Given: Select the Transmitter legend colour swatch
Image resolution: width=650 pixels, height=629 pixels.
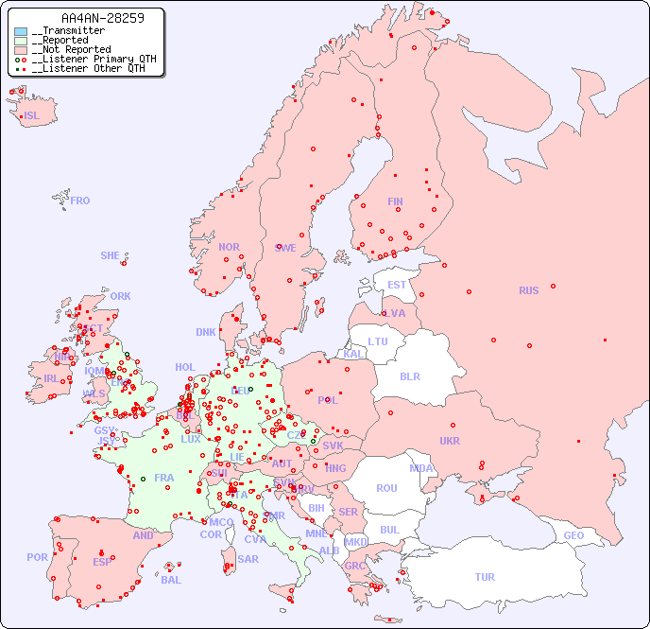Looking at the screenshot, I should pyautogui.click(x=21, y=31).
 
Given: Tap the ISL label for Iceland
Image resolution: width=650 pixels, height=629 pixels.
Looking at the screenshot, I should pyautogui.click(x=32, y=116).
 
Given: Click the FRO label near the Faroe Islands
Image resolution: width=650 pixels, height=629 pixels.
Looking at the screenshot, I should pyautogui.click(x=80, y=201).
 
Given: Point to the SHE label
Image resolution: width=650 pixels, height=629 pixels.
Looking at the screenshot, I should pyautogui.click(x=111, y=255).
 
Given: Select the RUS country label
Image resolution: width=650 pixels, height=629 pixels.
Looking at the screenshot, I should pyautogui.click(x=528, y=290).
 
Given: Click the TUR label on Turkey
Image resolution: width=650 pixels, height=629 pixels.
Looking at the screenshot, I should pyautogui.click(x=485, y=577).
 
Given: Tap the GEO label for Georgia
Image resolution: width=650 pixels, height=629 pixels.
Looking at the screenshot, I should pyautogui.click(x=573, y=535).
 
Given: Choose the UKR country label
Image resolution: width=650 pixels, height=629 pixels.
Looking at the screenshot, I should pyautogui.click(x=450, y=441).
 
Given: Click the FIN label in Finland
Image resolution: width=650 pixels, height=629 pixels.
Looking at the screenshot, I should pyautogui.click(x=395, y=201).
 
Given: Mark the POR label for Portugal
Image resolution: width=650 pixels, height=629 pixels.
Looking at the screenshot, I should pyautogui.click(x=37, y=557).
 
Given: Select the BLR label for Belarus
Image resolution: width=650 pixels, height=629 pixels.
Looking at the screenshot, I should pyautogui.click(x=410, y=376).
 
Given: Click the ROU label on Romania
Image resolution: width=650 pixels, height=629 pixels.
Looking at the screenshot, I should pyautogui.click(x=387, y=488).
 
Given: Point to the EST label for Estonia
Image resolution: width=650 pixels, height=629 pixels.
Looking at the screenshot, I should pyautogui.click(x=398, y=285).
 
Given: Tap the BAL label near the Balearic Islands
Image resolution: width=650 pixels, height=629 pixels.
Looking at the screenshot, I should pyautogui.click(x=171, y=580).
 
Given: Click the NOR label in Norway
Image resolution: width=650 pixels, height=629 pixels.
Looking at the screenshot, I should pyautogui.click(x=229, y=247).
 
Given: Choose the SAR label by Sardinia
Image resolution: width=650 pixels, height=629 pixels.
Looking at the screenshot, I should pyautogui.click(x=248, y=559).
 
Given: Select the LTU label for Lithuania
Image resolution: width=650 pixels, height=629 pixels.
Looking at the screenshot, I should pyautogui.click(x=378, y=341).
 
